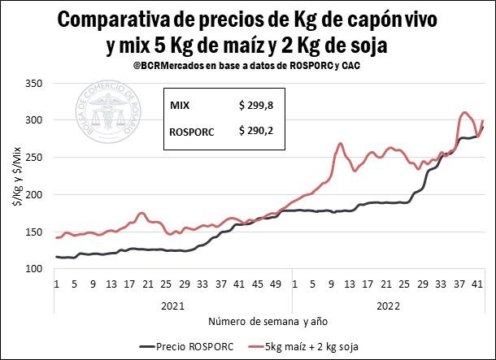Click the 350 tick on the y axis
(34, 83)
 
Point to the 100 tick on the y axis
(34, 269)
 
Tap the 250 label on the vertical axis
(34, 158)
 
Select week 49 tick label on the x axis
(276, 284)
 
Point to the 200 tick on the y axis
(34, 195)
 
